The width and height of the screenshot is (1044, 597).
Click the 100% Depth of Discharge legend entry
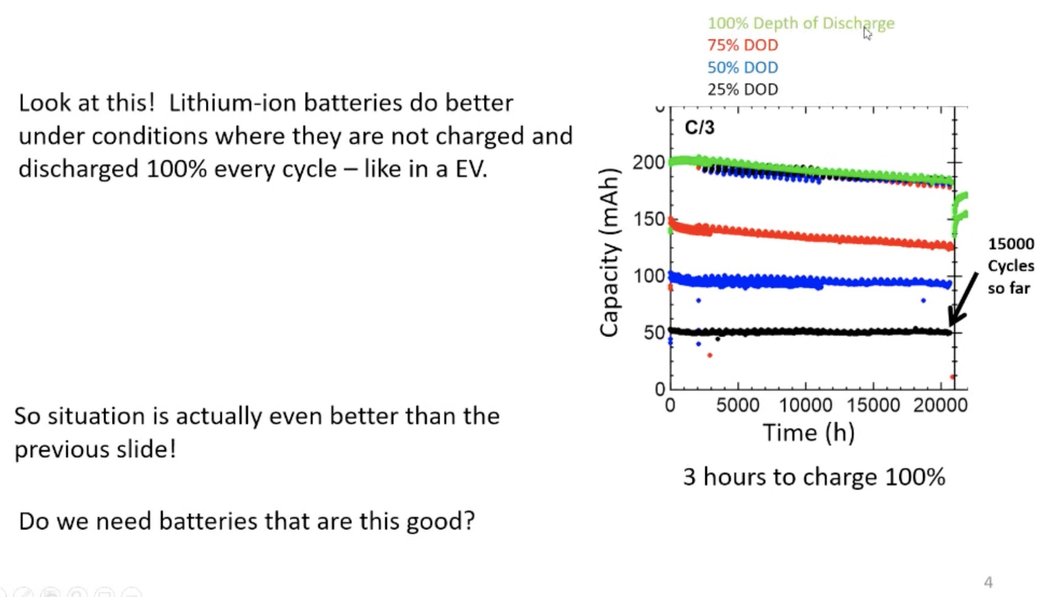coord(801,23)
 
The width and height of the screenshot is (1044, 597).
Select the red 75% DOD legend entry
coord(742,45)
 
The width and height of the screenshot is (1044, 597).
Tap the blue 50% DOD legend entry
coord(742,68)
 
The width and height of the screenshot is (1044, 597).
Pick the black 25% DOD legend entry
coord(742,89)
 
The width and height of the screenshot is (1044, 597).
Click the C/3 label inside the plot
coord(699,128)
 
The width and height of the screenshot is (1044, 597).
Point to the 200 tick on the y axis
coord(648,162)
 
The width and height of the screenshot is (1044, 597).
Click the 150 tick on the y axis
coord(648,219)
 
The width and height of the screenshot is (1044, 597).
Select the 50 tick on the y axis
coord(654,333)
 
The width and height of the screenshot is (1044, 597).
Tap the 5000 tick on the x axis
coord(737,405)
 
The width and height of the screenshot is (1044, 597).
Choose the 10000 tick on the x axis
coord(805,405)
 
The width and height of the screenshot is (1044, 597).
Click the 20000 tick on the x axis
coord(940,405)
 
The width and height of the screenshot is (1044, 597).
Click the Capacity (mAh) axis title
coord(609,252)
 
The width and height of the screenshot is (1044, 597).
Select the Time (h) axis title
coord(808,432)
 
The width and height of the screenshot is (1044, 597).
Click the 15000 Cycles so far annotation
coord(1010,266)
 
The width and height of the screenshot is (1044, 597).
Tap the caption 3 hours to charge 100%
coord(814,476)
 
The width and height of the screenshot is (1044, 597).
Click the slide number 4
coord(988,582)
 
